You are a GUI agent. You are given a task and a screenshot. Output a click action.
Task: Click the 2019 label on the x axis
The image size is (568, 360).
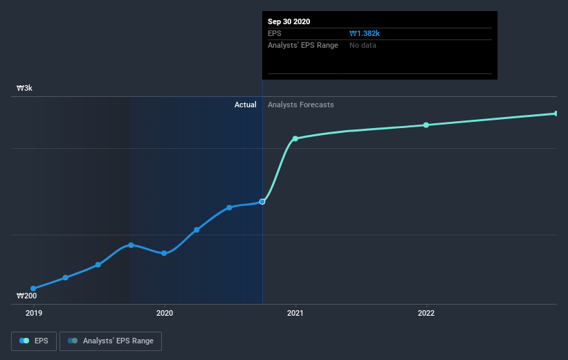33,313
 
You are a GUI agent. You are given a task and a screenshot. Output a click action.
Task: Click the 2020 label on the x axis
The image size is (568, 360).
164,313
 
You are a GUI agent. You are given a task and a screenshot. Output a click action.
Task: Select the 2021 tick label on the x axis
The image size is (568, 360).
295,313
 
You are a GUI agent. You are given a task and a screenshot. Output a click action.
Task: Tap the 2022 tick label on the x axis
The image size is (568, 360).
426,313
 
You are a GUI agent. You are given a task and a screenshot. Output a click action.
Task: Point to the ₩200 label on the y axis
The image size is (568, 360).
28,296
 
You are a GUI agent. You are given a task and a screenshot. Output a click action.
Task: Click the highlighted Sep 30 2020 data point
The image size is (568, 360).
262,201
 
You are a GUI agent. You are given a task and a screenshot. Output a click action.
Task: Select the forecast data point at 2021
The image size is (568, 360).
295,138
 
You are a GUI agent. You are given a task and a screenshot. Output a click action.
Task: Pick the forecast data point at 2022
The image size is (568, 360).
426,125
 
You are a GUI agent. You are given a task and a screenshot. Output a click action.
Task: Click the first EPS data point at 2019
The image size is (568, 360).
33,288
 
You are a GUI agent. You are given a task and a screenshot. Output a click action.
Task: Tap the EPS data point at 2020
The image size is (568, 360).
164,253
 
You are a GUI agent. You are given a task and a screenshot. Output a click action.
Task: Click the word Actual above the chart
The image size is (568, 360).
245,105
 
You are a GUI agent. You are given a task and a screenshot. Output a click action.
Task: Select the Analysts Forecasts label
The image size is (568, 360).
300,105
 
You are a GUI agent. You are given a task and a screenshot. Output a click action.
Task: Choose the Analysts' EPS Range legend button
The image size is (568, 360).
111,341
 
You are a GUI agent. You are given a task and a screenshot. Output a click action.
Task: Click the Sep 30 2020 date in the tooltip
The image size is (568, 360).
289,21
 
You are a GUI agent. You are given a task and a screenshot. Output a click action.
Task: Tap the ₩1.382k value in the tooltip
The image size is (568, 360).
365,33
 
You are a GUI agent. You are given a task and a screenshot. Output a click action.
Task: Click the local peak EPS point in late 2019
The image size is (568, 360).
131,245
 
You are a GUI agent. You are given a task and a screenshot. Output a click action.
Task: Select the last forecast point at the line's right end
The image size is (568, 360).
556,114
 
